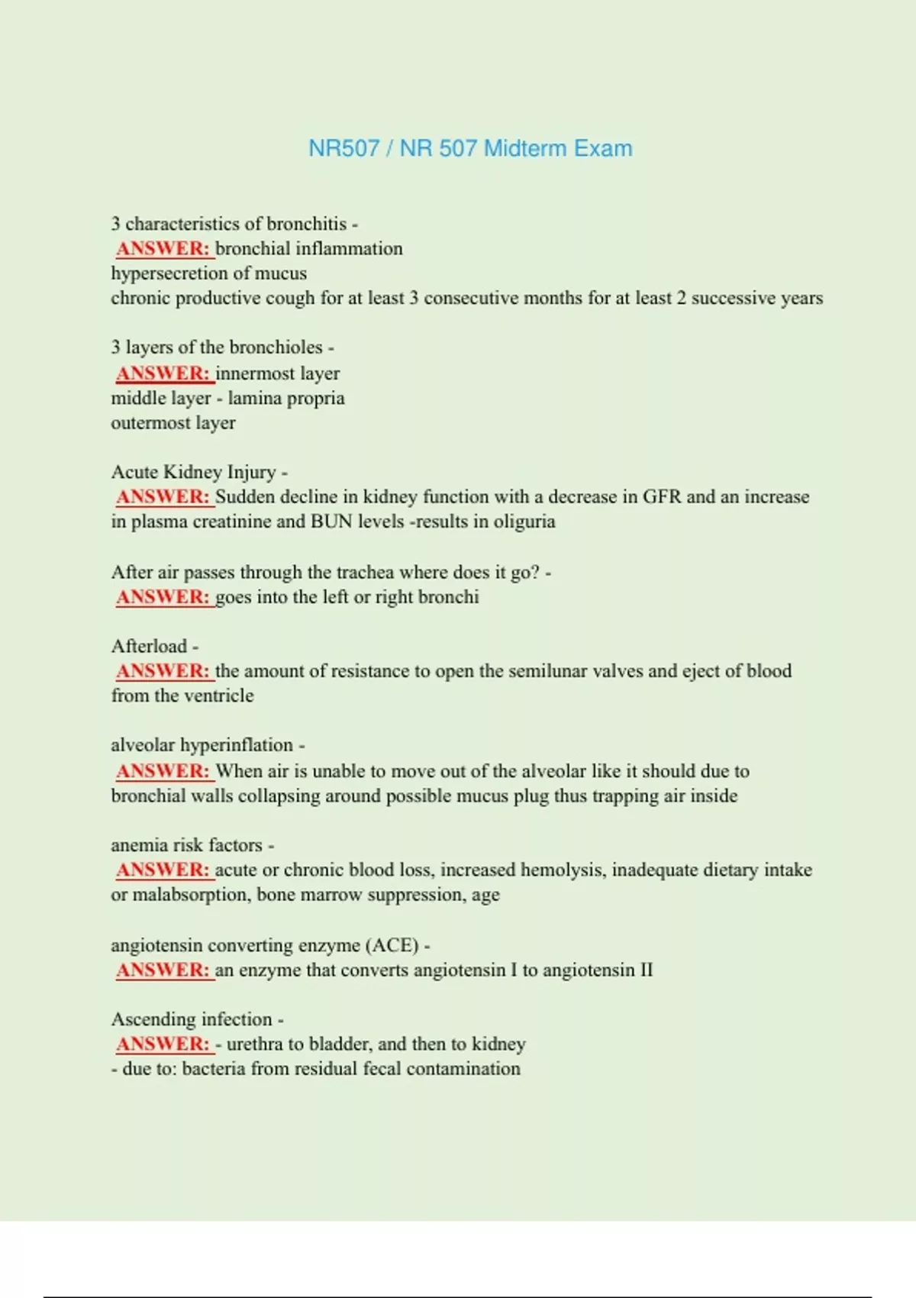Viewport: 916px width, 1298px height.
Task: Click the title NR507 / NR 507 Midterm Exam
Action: (x=470, y=148)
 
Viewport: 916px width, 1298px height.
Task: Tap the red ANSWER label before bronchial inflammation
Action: (x=163, y=248)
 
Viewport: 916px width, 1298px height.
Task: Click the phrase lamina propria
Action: (x=286, y=398)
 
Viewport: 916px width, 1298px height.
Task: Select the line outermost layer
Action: (x=173, y=422)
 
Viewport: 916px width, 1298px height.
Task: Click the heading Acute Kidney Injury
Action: (x=194, y=472)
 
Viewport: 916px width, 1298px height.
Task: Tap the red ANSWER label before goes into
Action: (x=163, y=596)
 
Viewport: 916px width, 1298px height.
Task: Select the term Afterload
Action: (x=150, y=646)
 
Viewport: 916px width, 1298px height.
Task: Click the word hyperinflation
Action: (x=237, y=744)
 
